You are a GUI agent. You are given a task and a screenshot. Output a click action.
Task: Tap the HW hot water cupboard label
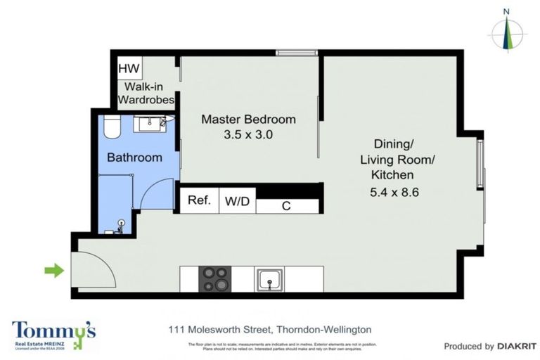coord(129,68)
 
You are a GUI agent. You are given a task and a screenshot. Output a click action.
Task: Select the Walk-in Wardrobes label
coord(147,93)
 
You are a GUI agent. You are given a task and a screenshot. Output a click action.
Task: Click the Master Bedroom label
coord(248,119)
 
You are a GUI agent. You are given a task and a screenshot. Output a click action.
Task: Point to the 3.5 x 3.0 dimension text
coord(248,134)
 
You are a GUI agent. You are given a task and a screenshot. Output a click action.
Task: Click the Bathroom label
coord(134,157)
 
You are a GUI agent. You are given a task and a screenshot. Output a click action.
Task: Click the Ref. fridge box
coord(200,200)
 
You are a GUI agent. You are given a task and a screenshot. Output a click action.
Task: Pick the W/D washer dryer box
coord(237,201)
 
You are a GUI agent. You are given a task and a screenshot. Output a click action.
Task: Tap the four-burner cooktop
coord(215,279)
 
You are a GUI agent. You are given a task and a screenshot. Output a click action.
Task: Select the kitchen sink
coord(269,279)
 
